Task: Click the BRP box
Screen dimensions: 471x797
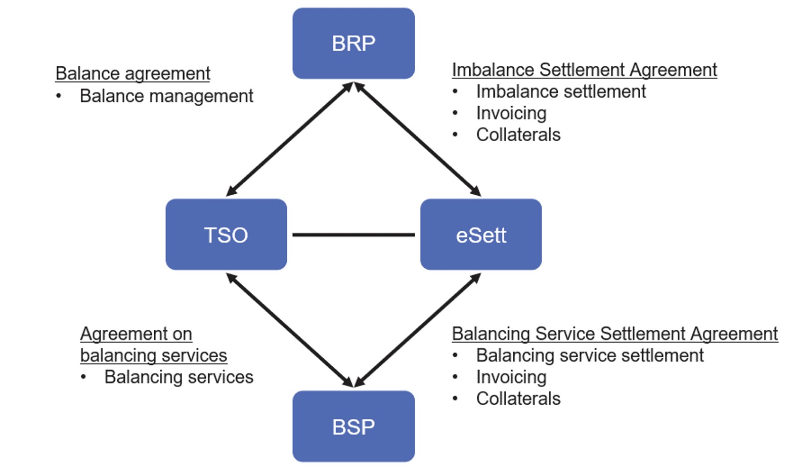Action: [x=353, y=44]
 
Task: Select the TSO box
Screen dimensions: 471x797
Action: [x=226, y=235]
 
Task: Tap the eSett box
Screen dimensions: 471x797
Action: [x=481, y=235]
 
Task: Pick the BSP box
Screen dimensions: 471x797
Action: [x=353, y=426]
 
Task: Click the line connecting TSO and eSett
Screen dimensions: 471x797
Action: [x=353, y=235]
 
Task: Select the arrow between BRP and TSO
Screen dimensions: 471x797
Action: [x=289, y=139]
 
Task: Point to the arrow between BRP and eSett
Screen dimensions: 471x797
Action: [x=418, y=139]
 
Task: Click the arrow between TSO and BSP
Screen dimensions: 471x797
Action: [x=289, y=330]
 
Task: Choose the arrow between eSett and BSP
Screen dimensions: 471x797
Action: [x=418, y=330]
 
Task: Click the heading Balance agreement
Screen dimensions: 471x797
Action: [x=132, y=73]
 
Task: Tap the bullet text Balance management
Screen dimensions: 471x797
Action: [x=166, y=96]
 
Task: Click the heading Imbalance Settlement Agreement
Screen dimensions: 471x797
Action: [x=584, y=70]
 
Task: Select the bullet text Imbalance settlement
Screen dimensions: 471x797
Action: [x=560, y=92]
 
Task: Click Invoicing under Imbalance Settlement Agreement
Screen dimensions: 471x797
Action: [x=511, y=113]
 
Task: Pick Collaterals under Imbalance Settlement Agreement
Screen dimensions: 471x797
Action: [x=518, y=135]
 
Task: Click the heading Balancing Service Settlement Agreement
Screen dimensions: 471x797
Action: [x=614, y=334]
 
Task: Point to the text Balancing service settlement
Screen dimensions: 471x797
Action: [x=589, y=356]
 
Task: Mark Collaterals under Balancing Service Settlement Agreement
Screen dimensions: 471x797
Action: [x=518, y=399]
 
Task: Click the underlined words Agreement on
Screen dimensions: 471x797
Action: [x=136, y=334]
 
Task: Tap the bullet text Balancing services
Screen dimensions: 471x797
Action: [x=179, y=377]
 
